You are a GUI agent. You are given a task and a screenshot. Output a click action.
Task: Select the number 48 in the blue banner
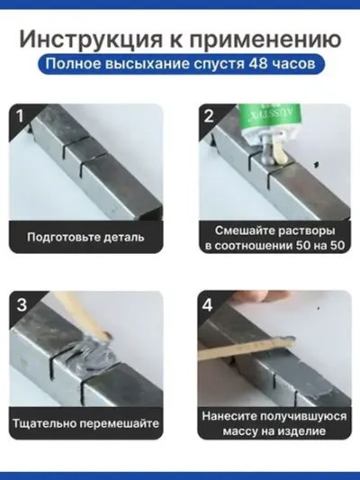coord(258,67)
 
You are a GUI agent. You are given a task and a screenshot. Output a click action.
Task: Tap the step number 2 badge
coord(209,117)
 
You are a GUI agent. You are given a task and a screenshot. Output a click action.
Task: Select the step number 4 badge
coord(209,304)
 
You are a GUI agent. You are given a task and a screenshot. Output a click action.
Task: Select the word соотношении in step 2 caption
coord(249,246)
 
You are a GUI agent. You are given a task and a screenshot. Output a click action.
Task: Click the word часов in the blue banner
coord(294,67)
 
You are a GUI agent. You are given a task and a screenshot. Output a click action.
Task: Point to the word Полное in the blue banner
coord(73,67)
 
